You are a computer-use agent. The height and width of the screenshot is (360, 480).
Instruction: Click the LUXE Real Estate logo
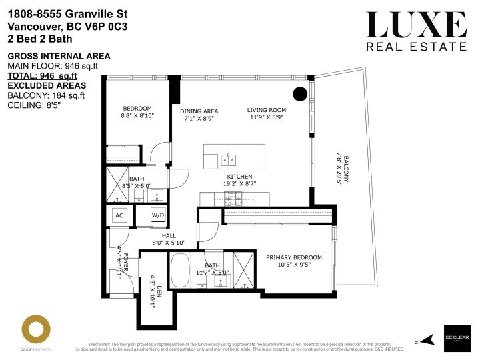[417, 31]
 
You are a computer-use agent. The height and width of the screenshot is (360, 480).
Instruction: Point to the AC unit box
[120, 215]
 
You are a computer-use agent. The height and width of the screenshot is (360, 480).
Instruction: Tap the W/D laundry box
[157, 215]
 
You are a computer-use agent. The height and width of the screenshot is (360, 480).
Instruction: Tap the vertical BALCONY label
[342, 167]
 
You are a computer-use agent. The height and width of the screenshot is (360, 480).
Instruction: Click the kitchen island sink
[229, 159]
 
